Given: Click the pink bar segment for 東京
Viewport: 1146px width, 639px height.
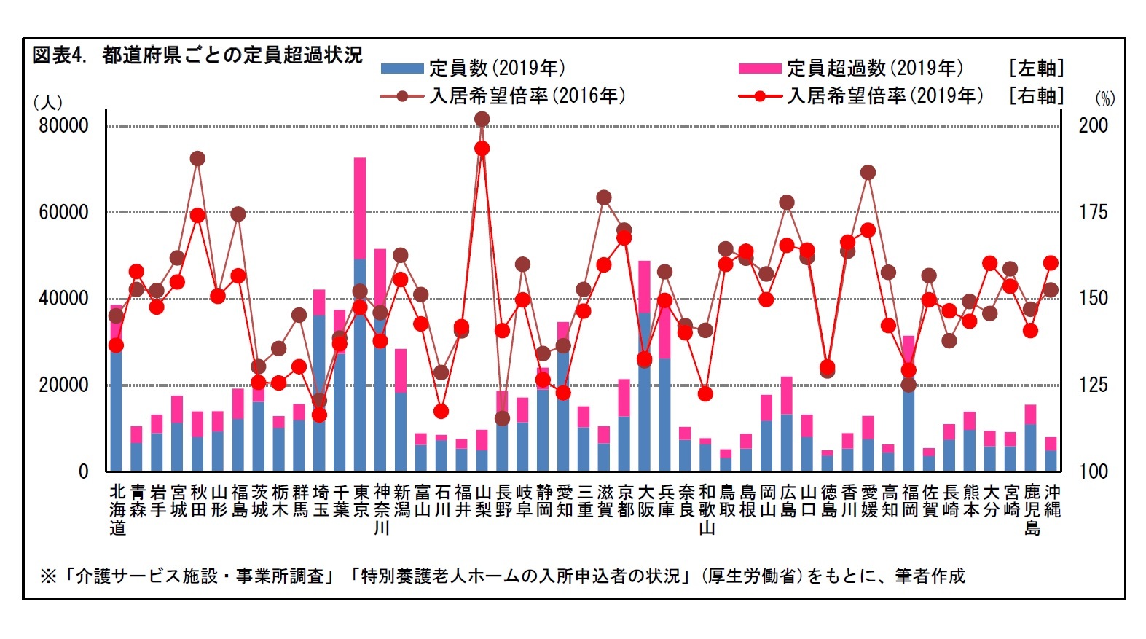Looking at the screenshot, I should [360, 208].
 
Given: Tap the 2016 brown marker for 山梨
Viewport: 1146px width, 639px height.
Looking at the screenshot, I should [482, 119].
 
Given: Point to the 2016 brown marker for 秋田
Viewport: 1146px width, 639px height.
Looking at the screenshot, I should [197, 159].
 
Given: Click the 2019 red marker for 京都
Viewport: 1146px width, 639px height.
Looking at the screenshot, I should [624, 238].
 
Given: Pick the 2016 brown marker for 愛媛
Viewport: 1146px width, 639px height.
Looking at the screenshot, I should [868, 173].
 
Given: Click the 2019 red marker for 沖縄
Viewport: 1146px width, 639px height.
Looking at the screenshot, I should [1051, 263].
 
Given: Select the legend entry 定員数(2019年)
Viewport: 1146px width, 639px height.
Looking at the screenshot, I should [474, 68].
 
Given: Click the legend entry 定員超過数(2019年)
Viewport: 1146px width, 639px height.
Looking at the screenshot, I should [851, 68].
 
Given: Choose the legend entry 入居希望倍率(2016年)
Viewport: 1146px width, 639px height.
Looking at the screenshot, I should [503, 96].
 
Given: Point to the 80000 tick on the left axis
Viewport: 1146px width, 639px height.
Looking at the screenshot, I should [63, 125].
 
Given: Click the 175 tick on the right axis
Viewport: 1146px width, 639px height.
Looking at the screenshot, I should [1093, 212].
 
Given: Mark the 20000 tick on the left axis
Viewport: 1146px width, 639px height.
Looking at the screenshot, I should [63, 385].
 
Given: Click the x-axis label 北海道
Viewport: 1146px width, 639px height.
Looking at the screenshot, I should [118, 509].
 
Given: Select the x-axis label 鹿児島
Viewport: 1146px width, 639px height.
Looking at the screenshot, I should [1032, 509].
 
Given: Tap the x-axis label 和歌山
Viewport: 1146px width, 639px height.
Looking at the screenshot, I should [706, 509].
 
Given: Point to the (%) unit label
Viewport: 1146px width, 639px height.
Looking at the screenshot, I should [1104, 99].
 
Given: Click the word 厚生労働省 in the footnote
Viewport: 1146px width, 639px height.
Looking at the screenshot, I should [750, 576].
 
